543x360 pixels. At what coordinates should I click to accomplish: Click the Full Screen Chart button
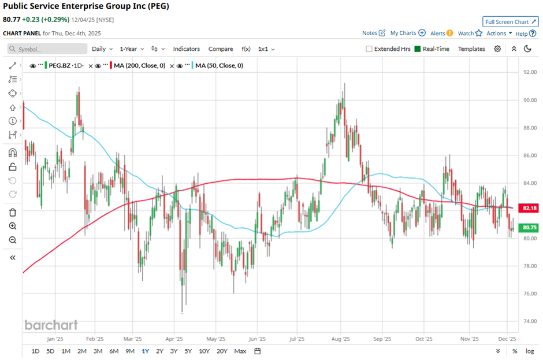(511, 22)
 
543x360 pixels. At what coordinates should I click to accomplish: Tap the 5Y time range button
(188, 351)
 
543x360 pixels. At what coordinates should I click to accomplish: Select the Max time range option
(240, 351)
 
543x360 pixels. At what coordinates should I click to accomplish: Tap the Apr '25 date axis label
(174, 339)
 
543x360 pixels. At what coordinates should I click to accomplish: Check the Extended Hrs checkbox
(370, 49)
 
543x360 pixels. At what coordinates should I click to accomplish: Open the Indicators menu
(187, 49)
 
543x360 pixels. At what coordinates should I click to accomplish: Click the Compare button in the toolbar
(221, 49)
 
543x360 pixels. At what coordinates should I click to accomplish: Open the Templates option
(471, 49)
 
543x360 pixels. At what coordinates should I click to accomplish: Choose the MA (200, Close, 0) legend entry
(139, 65)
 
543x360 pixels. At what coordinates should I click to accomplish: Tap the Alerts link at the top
(438, 34)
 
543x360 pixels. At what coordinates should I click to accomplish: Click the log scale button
(530, 351)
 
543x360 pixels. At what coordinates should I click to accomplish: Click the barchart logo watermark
(51, 325)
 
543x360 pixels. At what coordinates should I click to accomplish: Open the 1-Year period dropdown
(132, 49)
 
